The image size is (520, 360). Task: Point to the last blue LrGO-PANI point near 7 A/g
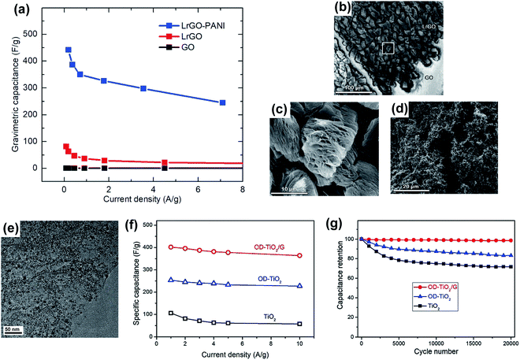coord(223,102)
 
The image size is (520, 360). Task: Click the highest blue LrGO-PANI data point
coord(69,50)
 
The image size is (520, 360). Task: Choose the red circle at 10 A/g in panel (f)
coord(299,255)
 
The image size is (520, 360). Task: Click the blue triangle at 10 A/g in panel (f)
coord(299,286)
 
